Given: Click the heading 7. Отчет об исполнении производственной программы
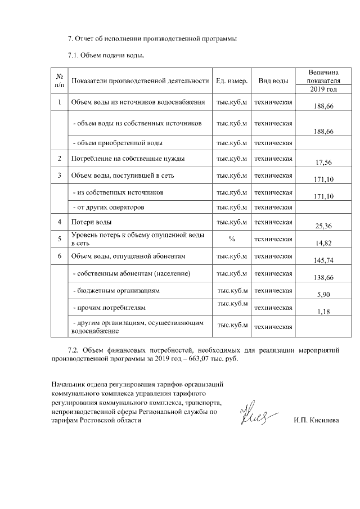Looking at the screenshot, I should (x=152, y=39).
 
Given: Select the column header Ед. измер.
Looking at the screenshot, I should (x=231, y=81).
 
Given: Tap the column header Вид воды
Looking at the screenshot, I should (x=273, y=81).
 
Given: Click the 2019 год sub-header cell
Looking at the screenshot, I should (x=323, y=89).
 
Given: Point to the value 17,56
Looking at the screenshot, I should (x=323, y=163).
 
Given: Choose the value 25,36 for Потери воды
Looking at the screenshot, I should (x=323, y=226).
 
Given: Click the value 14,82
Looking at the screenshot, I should (x=323, y=242).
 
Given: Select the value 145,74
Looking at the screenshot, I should (x=323, y=260).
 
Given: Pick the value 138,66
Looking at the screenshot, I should (x=323, y=278).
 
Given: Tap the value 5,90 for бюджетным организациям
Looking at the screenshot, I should (x=323, y=295).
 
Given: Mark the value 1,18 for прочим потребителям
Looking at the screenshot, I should (x=323, y=312).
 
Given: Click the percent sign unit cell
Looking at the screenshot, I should (x=231, y=239).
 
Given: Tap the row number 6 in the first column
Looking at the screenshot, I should (x=59, y=256).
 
